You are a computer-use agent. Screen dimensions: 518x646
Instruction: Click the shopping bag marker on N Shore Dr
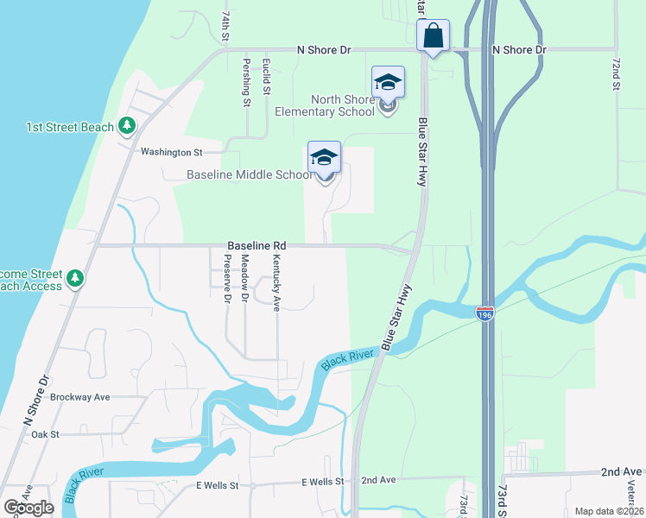pos(434,36)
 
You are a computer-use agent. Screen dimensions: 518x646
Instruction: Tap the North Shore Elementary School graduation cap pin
pos(388,83)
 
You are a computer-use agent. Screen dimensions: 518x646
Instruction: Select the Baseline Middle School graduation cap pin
pos(325,157)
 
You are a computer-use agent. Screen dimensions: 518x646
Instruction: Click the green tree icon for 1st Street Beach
pos(127,126)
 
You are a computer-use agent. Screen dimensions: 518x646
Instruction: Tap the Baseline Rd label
pos(256,245)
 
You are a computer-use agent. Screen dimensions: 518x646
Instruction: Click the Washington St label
pos(171,152)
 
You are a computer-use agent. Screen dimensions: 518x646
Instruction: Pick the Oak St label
pos(44,434)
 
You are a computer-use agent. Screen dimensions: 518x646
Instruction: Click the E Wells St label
pos(217,485)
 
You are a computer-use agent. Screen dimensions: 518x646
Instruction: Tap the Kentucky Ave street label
pos(277,281)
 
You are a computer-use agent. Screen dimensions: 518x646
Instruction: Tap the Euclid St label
pos(268,79)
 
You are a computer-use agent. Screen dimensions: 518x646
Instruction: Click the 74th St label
pos(225,27)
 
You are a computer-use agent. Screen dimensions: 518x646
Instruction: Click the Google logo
pos(28,508)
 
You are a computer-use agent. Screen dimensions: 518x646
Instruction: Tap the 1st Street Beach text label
pos(70,127)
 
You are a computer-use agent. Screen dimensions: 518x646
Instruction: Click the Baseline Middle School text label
pos(250,175)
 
